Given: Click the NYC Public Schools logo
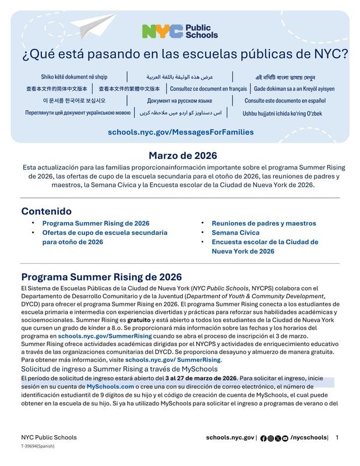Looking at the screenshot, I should pos(179,31).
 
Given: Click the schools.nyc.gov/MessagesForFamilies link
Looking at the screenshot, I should pos(181,132).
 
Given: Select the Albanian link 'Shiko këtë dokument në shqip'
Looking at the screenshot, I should pos(74,77).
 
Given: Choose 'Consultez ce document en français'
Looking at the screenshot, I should pos(208,89).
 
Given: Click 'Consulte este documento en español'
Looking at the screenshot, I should pos(285,101).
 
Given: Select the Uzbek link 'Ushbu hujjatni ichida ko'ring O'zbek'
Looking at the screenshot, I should pos(282,114).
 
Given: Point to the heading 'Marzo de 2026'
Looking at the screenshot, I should pos(182,156).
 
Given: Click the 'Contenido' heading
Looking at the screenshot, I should pos(47,211).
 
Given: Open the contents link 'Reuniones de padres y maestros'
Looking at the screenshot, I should pos(263,223).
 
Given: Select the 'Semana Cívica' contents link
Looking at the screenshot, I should pos(235,232).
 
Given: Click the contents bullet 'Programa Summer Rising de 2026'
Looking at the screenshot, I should pos(96,223).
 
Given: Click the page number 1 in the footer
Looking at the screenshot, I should pos(337,437).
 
